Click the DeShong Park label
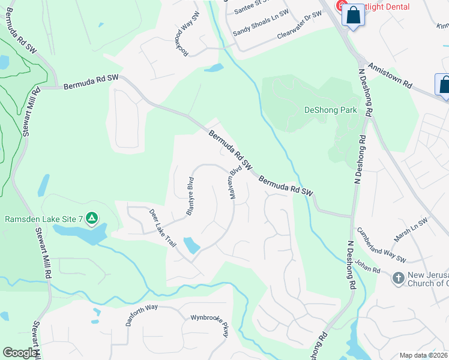(331, 110)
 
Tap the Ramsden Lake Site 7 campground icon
(91, 218)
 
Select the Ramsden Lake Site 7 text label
(44, 218)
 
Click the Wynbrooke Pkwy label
(210, 325)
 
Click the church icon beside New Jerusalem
(398, 278)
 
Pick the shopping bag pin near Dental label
(354, 16)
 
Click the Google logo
(20, 353)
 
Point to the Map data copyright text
(424, 355)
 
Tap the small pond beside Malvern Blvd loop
(191, 245)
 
